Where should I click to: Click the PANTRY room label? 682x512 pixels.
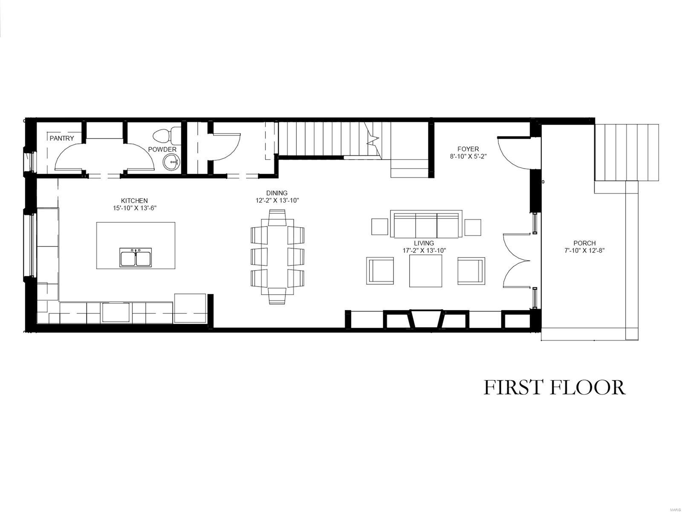[62, 138]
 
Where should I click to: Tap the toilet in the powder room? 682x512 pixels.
[166, 135]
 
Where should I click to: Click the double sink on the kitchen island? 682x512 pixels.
[136, 258]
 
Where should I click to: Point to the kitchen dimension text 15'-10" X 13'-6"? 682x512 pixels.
[134, 208]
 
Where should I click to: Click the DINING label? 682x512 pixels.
[277, 193]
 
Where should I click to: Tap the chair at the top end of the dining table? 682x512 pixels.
[277, 218]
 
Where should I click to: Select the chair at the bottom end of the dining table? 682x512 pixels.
[277, 295]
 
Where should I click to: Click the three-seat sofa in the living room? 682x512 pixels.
[426, 224]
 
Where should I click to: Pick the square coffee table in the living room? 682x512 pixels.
[425, 271]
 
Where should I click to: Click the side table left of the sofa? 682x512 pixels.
[379, 227]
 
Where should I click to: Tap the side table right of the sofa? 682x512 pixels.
[473, 227]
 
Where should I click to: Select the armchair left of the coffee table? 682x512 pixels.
[380, 271]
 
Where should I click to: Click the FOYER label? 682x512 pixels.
[468, 149]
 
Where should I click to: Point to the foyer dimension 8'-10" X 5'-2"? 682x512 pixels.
[468, 157]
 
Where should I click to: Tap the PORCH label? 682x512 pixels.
[584, 243]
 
